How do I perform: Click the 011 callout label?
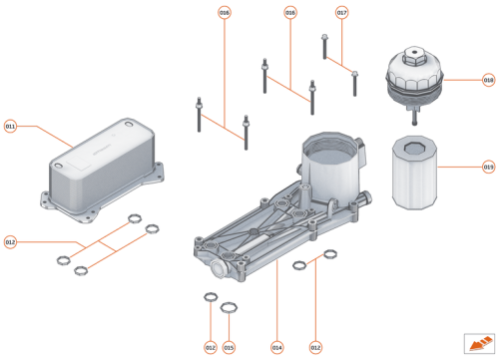(10, 127)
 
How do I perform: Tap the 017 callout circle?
(342, 13)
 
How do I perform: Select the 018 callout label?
(489, 80)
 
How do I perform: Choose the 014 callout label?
(276, 346)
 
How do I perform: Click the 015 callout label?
(229, 346)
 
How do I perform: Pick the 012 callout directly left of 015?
(211, 346)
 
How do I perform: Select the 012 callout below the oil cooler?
(10, 241)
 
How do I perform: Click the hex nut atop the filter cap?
(412, 50)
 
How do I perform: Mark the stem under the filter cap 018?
(411, 106)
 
